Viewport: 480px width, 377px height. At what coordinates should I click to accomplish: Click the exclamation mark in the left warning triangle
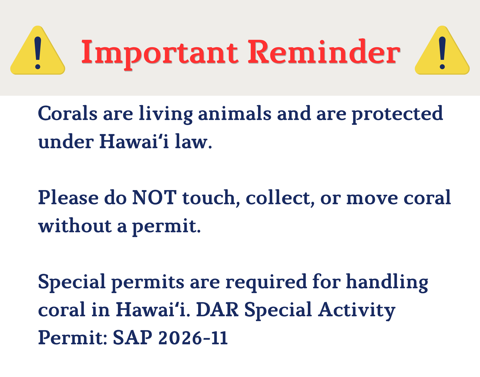(x=38, y=53)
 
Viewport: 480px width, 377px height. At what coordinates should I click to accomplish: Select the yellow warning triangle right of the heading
(x=442, y=50)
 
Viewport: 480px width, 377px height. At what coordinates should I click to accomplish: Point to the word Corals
(x=67, y=113)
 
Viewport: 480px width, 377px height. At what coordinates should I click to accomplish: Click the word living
(x=166, y=114)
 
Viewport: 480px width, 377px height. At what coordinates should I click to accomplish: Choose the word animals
(x=235, y=113)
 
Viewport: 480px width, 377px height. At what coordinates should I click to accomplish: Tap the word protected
(x=397, y=114)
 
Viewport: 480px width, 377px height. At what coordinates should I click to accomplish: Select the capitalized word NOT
(x=154, y=197)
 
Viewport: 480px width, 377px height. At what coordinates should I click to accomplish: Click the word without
(x=75, y=225)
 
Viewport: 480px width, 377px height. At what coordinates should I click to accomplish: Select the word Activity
(x=356, y=311)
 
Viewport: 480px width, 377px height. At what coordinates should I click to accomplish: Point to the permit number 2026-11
(x=193, y=338)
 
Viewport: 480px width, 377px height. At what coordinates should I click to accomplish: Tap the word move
(x=372, y=199)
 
